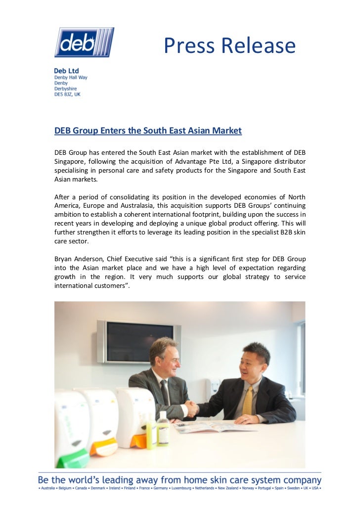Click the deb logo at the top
[x=84, y=42]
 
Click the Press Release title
[x=229, y=46]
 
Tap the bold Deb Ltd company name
[x=66, y=71]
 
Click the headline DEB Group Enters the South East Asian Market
[x=148, y=131]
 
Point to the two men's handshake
[x=190, y=409]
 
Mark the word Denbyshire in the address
[x=65, y=89]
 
